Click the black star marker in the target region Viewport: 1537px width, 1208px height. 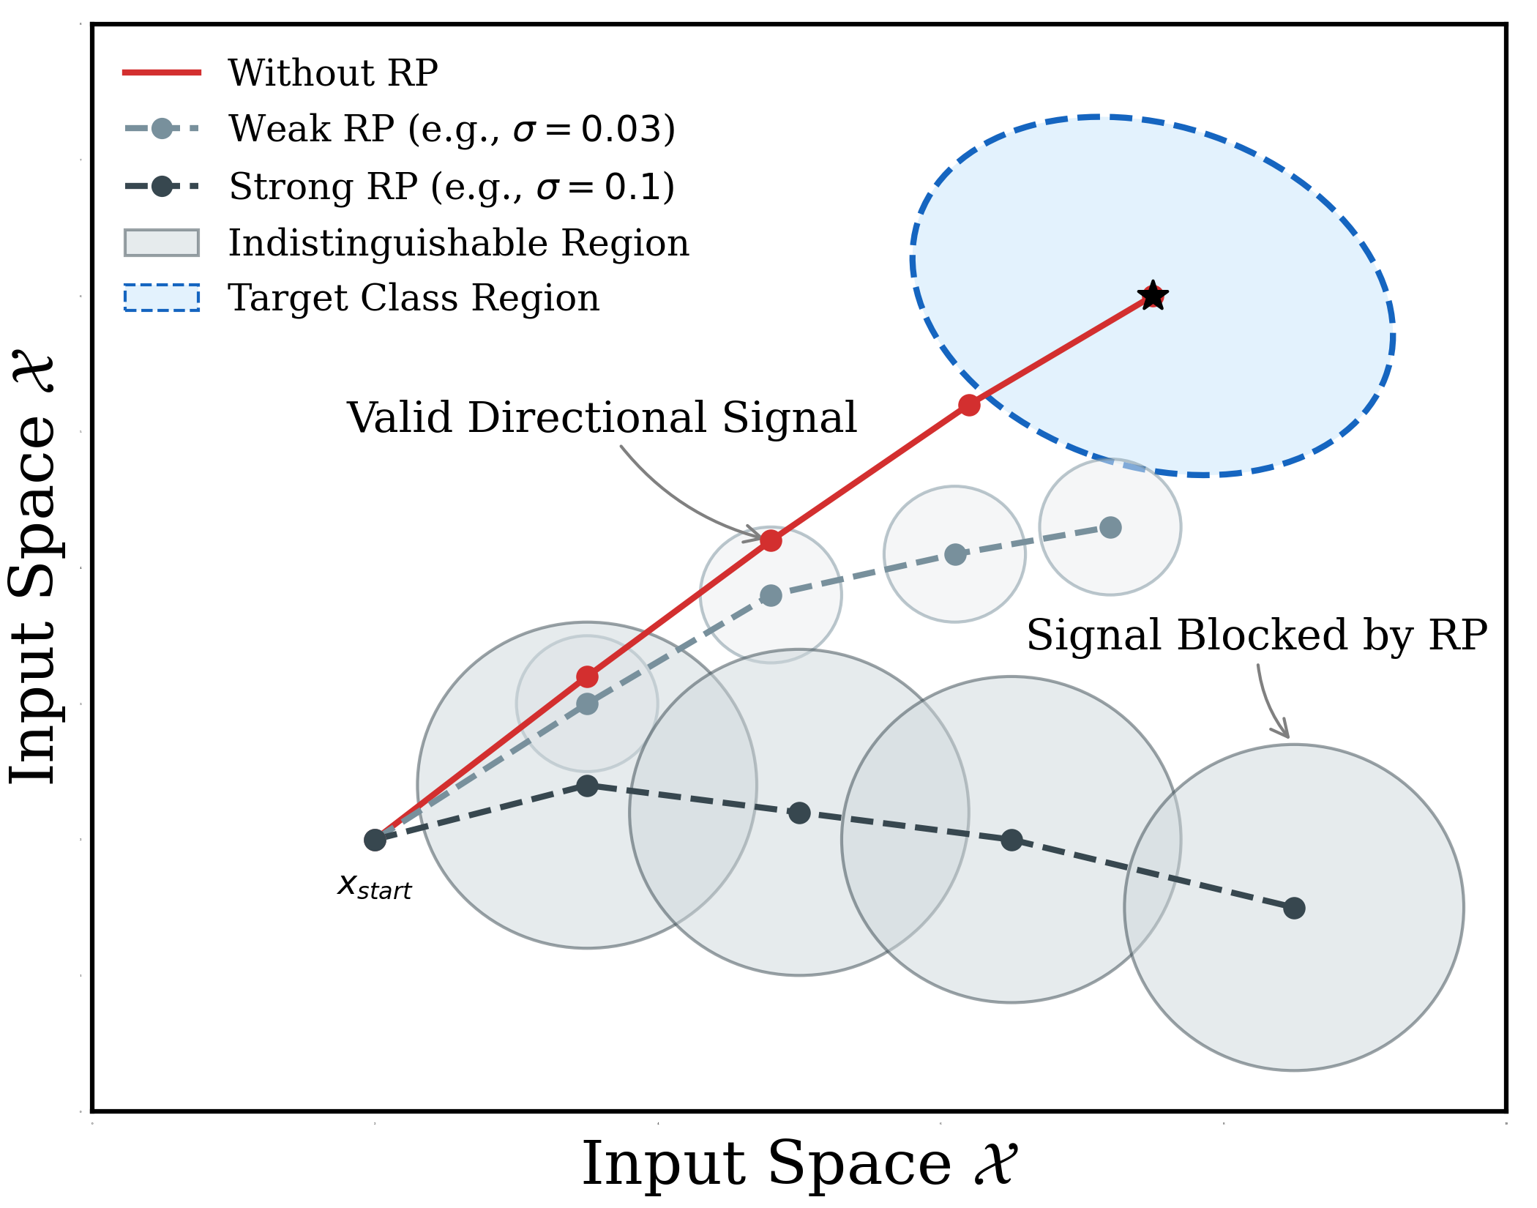[x=1153, y=297]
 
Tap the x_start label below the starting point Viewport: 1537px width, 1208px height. [x=375, y=887]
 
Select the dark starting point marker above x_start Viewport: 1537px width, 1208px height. [x=375, y=840]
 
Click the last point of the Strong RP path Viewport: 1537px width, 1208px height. [x=1294, y=908]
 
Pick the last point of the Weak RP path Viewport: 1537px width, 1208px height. [x=1110, y=527]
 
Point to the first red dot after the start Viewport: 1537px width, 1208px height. [x=587, y=676]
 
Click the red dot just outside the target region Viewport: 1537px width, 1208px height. [x=969, y=405]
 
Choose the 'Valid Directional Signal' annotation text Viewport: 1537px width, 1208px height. [x=602, y=418]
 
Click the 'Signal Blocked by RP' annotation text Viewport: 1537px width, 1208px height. [x=1257, y=635]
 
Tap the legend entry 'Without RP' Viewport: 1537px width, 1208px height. [x=333, y=73]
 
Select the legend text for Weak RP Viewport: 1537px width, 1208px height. [x=452, y=129]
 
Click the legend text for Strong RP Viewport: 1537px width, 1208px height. [x=452, y=186]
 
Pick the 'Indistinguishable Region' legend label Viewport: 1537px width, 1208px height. [x=459, y=243]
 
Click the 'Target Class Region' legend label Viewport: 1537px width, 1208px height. [x=414, y=298]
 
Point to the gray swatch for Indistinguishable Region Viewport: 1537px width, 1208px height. [x=162, y=243]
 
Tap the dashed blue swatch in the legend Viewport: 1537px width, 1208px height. [x=162, y=298]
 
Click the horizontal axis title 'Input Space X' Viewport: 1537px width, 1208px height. [x=799, y=1164]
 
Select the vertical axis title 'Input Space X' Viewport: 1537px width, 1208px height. [x=33, y=569]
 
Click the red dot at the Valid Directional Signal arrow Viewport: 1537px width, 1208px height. [x=771, y=541]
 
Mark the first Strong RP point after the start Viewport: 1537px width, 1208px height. [x=587, y=786]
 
